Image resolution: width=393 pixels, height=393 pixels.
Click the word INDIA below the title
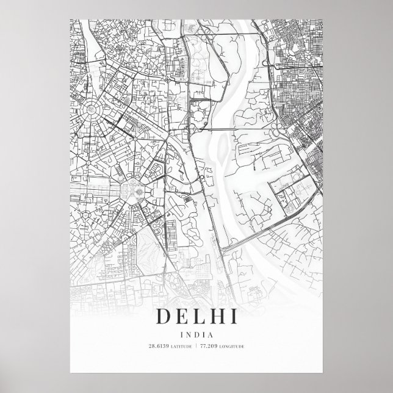click(x=196, y=333)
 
